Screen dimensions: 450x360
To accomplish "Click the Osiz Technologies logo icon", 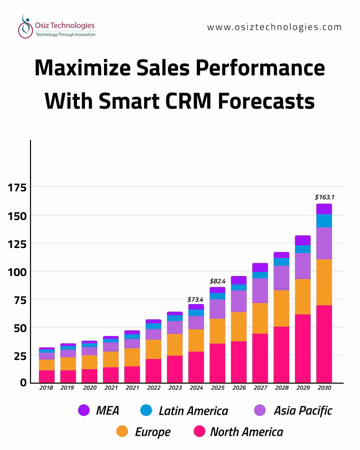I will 25,27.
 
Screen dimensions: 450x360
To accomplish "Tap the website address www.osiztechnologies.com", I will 274,27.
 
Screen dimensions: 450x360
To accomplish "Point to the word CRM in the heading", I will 188,101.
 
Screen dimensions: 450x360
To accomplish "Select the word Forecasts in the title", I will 266,101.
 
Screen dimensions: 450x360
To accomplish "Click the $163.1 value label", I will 325,197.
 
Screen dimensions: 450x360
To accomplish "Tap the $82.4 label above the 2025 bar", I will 218,281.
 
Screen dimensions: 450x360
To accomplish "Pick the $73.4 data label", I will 195,300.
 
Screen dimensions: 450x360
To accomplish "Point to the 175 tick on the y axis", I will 17,188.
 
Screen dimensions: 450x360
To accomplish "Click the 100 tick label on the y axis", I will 17,272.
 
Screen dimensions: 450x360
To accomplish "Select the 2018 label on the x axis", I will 46,388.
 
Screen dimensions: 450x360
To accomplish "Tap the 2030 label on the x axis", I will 324,388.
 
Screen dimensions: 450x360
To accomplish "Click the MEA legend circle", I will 84,410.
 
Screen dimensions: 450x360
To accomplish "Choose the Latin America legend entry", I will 193,411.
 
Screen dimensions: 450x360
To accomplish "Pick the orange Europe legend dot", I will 122,431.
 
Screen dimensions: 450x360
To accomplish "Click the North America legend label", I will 247,432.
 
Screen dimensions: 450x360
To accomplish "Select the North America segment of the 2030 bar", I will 324,343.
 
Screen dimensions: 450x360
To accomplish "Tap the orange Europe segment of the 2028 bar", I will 281,308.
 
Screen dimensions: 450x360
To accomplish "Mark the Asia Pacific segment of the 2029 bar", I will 303,266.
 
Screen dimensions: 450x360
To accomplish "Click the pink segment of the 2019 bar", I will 68,376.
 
